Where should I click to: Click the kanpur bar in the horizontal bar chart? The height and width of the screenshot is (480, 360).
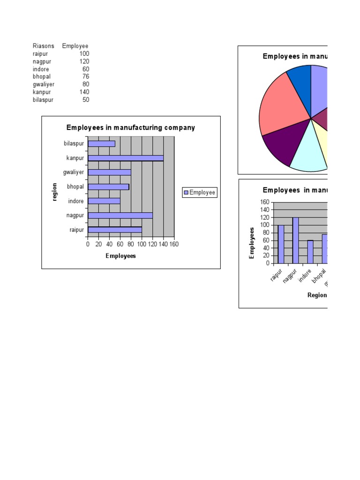click(126, 158)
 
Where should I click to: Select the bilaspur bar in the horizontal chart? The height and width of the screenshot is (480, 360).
click(101, 143)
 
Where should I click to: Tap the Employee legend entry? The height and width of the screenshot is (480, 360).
click(200, 192)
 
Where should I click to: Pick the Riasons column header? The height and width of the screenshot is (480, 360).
click(43, 46)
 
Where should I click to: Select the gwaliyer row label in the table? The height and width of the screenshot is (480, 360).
click(44, 84)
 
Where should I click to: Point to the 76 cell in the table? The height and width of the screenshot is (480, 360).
click(85, 76)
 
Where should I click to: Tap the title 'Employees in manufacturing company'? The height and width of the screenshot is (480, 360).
click(131, 127)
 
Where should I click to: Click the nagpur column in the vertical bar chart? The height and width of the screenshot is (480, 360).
click(295, 240)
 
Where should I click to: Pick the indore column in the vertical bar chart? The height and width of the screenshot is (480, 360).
click(310, 252)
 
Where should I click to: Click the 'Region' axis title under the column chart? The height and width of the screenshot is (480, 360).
click(317, 295)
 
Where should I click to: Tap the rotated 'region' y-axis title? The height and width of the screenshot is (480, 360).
click(55, 192)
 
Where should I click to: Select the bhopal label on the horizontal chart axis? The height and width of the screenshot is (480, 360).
click(75, 187)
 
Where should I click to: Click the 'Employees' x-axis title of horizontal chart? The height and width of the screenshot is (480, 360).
click(120, 256)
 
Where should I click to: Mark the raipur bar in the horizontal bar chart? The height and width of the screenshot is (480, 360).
click(115, 230)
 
